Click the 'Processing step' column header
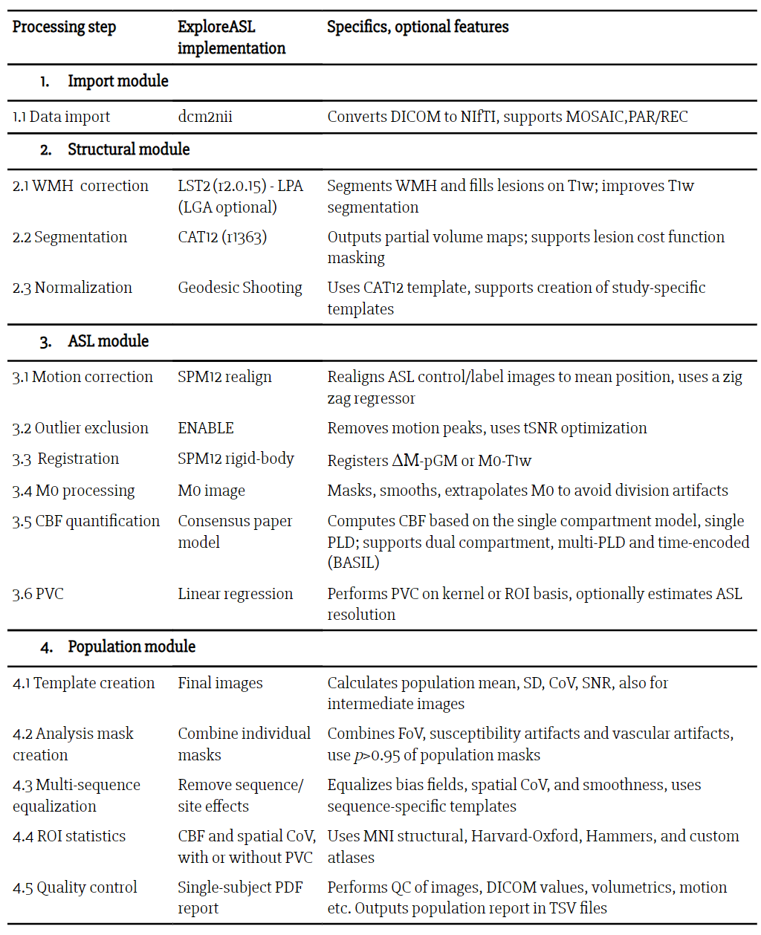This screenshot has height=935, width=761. [65, 27]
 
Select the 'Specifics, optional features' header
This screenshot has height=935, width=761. [418, 27]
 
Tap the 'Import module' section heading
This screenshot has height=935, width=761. [117, 81]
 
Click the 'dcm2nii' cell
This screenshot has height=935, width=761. [205, 117]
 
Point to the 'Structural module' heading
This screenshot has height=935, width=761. [129, 149]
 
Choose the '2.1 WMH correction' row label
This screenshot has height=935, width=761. [80, 186]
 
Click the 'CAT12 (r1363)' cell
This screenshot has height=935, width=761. [222, 237]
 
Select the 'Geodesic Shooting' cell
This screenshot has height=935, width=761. [240, 288]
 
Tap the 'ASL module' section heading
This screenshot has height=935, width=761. [108, 341]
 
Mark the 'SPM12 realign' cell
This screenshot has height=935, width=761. [224, 377]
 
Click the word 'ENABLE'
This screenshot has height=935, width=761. [206, 428]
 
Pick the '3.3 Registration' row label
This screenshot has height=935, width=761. [65, 459]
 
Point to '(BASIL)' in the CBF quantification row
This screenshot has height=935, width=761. [354, 563]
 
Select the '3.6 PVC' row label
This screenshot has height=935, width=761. [38, 594]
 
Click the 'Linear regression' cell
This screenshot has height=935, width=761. [236, 594]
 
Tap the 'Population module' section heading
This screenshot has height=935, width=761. [132, 647]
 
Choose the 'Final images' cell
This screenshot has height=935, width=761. [220, 683]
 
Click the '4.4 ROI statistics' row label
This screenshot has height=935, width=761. [69, 836]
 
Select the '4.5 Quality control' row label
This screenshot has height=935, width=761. [75, 887]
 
